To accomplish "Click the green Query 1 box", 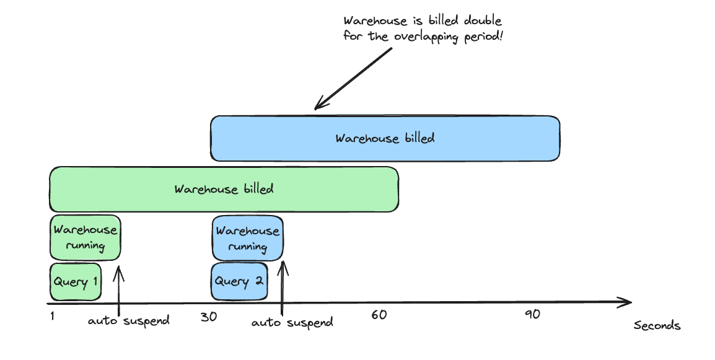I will [x=75, y=282].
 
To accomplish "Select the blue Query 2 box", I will [x=239, y=281].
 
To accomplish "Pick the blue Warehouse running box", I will [x=248, y=239].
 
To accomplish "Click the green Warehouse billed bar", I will [x=224, y=189].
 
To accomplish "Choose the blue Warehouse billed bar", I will [x=385, y=138].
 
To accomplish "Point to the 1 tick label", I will [x=53, y=316].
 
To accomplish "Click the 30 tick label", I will [x=209, y=316].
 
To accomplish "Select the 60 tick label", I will [x=379, y=315].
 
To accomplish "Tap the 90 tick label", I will [x=532, y=314].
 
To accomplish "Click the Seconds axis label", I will [x=657, y=326].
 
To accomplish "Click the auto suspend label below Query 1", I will [x=129, y=321].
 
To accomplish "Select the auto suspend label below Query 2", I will [x=292, y=322].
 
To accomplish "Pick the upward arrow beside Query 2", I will [x=283, y=289].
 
